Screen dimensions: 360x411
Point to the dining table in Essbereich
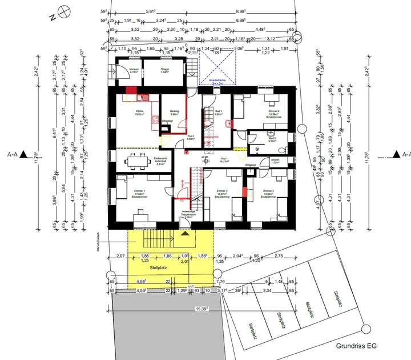coord(136,162)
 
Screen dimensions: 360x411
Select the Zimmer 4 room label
coord(223,192)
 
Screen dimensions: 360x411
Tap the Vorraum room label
coord(119,71)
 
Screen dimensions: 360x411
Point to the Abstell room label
coord(275,161)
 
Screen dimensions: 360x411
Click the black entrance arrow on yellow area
coord(184,233)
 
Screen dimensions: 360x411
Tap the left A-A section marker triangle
coord(23,154)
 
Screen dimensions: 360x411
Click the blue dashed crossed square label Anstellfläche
coord(219,81)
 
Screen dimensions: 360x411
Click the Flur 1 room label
coord(224,161)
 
